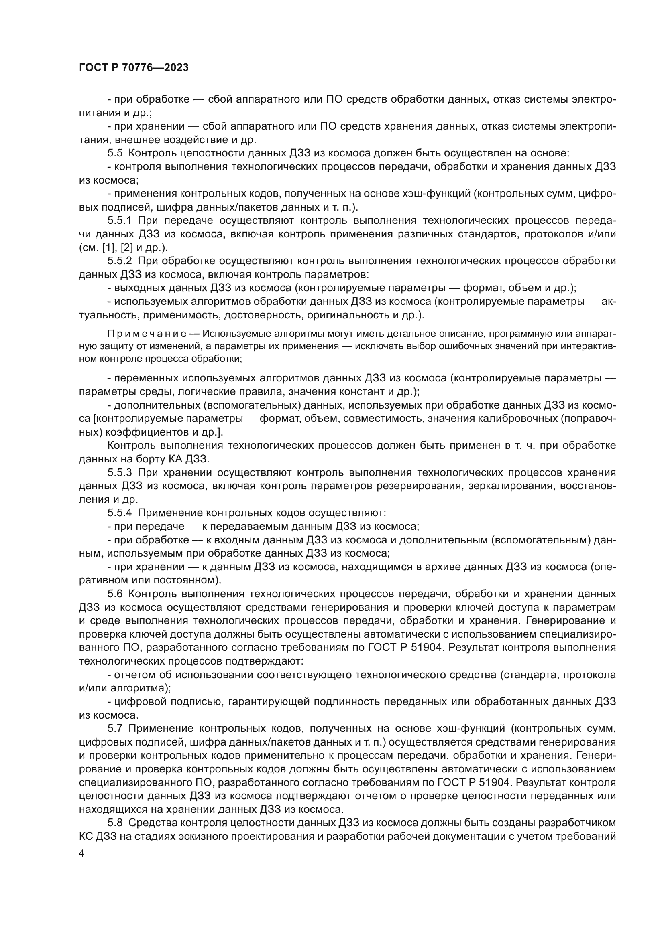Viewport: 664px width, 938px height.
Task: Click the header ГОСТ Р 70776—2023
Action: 134,67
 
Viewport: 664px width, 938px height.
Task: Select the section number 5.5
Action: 115,153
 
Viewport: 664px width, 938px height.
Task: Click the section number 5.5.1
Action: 119,221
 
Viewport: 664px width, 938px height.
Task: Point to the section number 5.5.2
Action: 119,261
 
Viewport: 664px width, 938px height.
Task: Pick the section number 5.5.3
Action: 119,473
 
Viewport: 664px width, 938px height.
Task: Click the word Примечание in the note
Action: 147,334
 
